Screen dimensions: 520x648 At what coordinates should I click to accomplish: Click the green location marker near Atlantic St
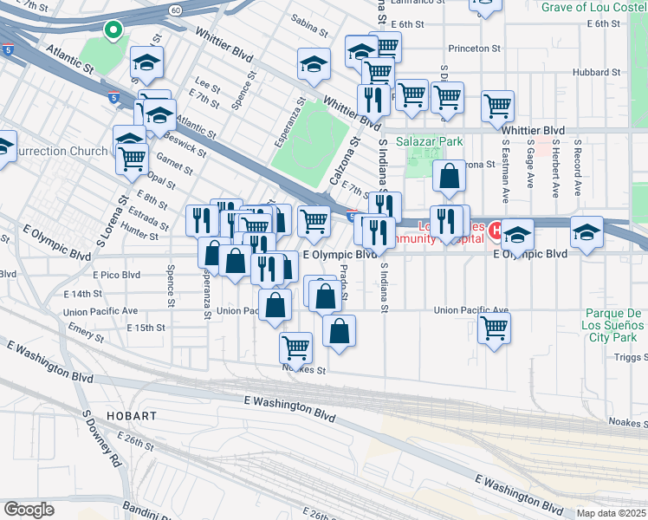pos(113,31)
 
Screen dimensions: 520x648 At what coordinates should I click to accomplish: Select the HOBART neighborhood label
pos(130,416)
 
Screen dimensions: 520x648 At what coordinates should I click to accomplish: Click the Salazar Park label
pos(430,141)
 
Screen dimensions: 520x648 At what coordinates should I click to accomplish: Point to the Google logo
pos(29,509)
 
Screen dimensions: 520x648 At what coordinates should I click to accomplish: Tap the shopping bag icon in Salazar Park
pos(449,177)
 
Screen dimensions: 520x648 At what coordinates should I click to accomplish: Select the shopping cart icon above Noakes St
pos(295,348)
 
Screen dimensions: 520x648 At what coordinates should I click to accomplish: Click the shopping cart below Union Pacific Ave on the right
pos(493,328)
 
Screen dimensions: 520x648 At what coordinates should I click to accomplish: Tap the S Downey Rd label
pos(100,439)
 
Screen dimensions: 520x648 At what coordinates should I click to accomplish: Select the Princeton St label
pos(476,49)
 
